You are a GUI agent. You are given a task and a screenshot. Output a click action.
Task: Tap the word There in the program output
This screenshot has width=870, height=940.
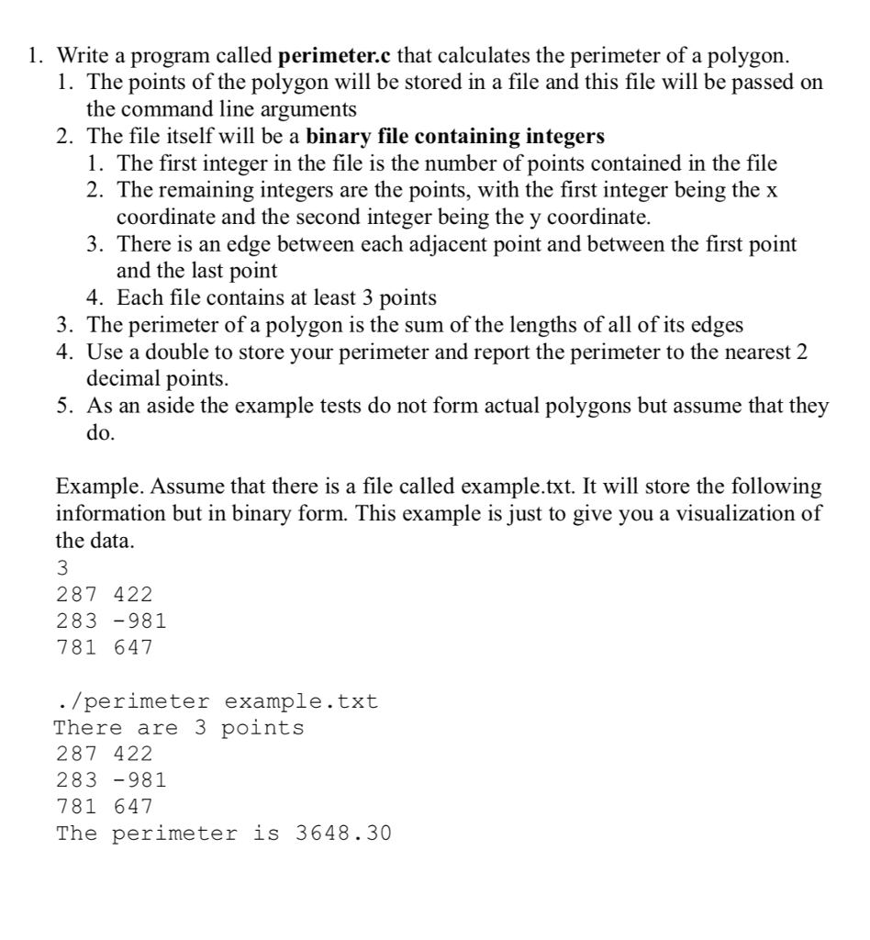88,729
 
